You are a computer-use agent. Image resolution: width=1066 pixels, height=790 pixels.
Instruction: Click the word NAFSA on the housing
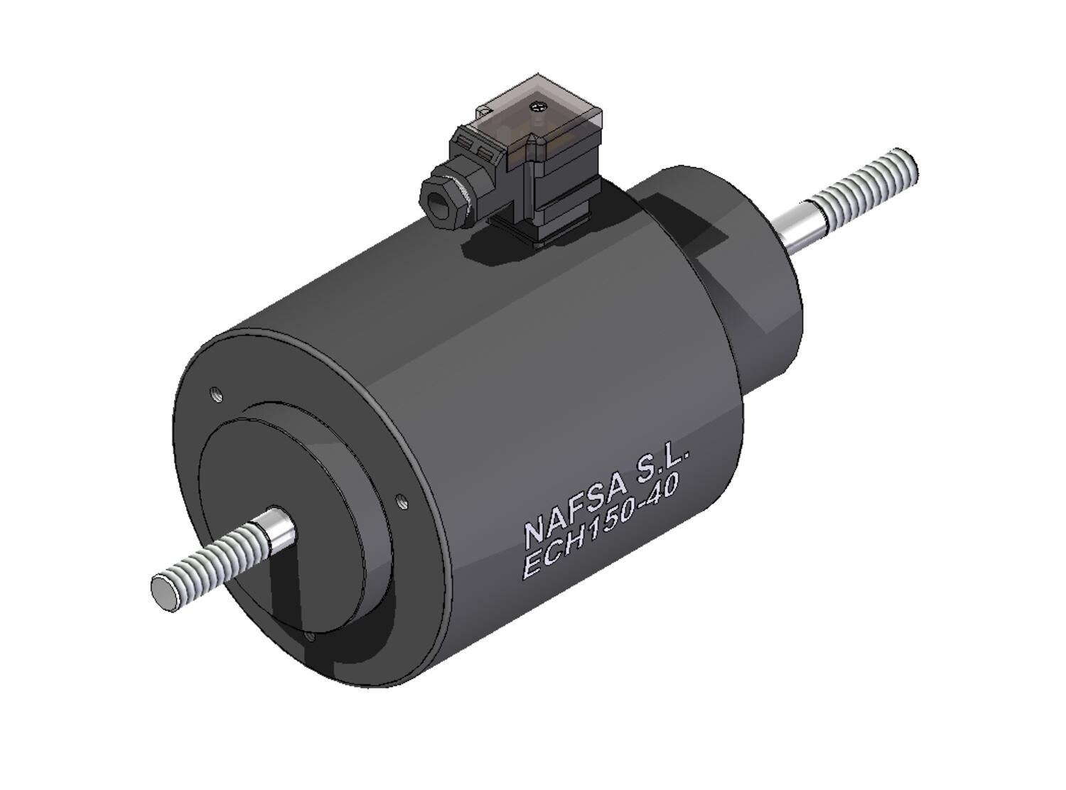pyautogui.click(x=576, y=510)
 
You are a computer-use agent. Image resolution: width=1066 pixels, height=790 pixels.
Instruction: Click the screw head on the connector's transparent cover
pyautogui.click(x=538, y=107)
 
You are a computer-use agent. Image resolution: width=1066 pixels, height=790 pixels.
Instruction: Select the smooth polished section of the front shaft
pyautogui.click(x=276, y=528)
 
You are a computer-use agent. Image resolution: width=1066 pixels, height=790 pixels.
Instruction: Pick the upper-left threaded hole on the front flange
pyautogui.click(x=217, y=394)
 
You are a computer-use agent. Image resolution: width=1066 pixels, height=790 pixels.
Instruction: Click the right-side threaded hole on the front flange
pyautogui.click(x=402, y=502)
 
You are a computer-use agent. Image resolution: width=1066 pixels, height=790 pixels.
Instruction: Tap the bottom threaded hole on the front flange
pyautogui.click(x=310, y=636)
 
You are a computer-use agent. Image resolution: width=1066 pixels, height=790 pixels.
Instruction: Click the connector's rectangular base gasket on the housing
pyautogui.click(x=540, y=234)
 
